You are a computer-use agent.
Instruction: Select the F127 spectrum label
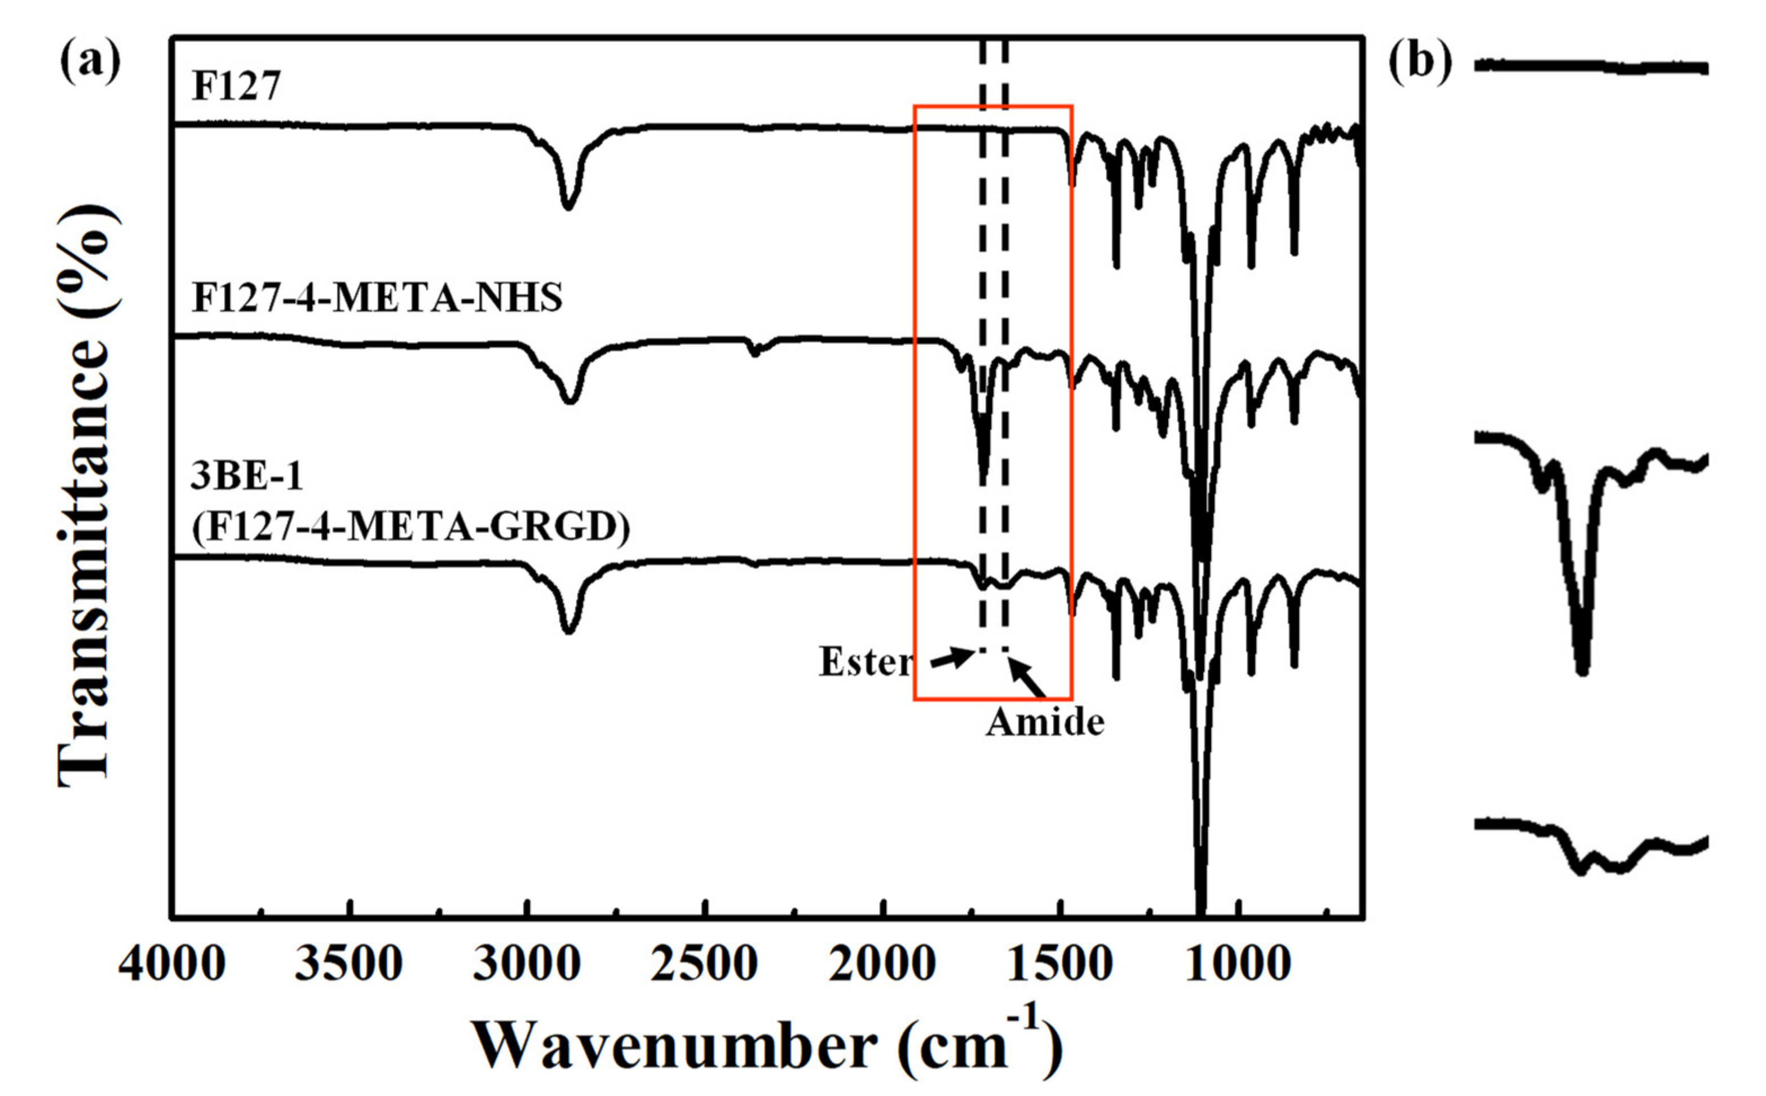coord(236,86)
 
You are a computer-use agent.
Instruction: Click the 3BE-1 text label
coord(246,476)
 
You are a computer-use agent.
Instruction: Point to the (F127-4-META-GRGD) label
coord(410,527)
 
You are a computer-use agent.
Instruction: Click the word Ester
coord(866,661)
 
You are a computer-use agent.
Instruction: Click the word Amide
coord(1045,723)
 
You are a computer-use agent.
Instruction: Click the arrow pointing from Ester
coord(952,657)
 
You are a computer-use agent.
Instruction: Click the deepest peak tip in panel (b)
coord(1582,670)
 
